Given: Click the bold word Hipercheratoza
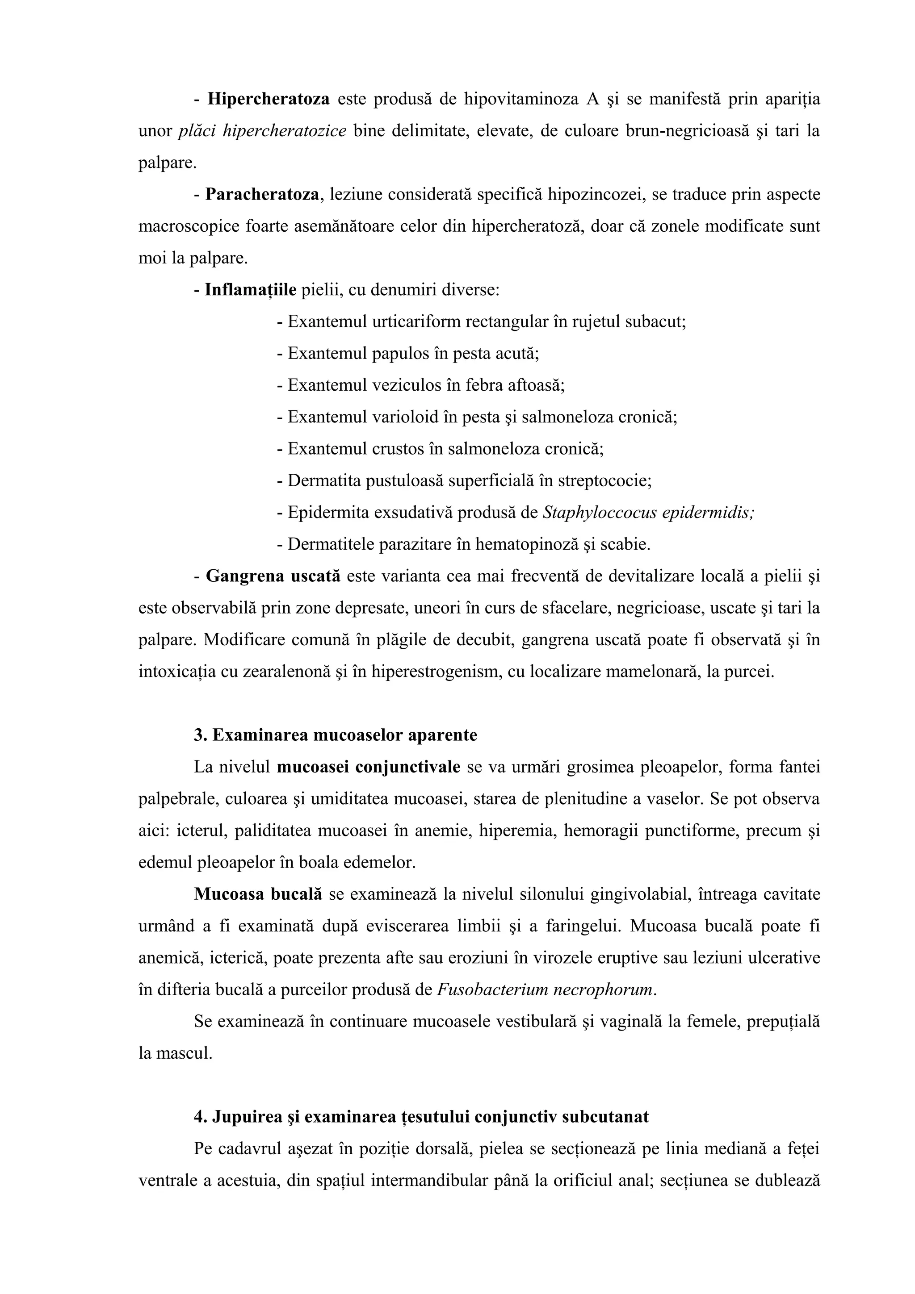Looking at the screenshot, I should [269, 100].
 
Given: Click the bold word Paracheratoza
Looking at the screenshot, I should [262, 195].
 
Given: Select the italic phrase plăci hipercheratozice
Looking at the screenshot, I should [262, 131].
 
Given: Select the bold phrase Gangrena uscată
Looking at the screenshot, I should [273, 576].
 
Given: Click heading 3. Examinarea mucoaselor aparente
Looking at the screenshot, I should [336, 735].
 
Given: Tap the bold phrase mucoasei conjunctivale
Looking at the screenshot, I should [369, 768].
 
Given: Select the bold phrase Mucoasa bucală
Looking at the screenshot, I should [258, 895].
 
